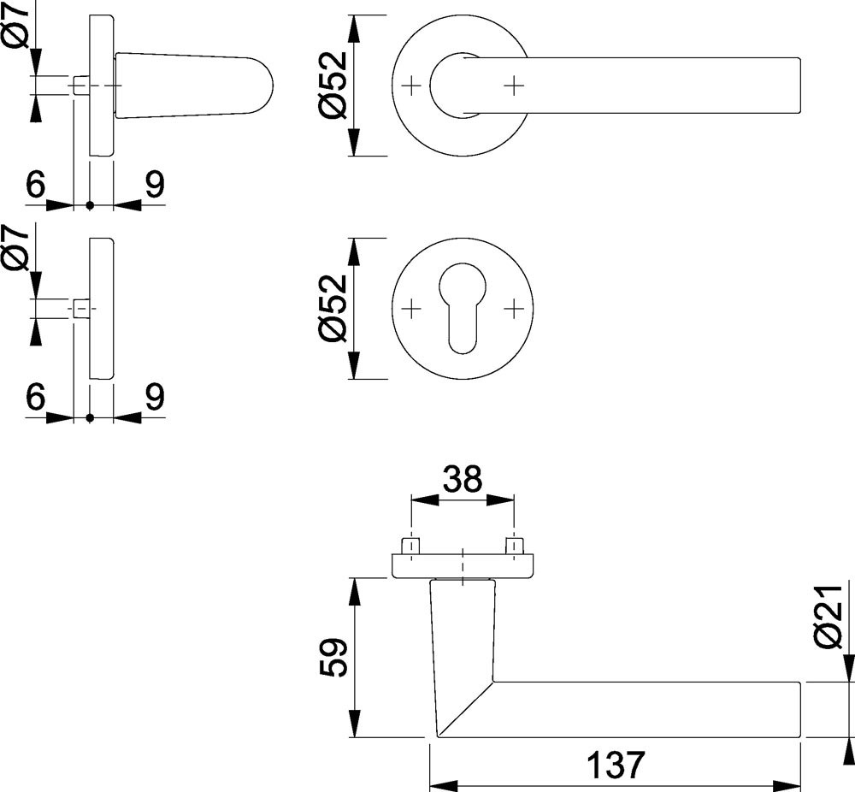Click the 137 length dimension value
[613, 764]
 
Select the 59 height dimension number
[335, 657]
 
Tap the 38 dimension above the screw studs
[463, 480]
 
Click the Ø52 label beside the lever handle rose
[334, 86]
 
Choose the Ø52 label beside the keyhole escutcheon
[334, 308]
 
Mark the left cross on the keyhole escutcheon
[411, 308]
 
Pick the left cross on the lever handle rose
[411, 86]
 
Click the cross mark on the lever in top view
[513, 86]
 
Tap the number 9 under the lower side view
[154, 398]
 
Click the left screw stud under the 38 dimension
[411, 544]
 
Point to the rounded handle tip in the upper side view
[261, 86]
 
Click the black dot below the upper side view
[90, 205]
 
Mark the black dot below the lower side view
[90, 418]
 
